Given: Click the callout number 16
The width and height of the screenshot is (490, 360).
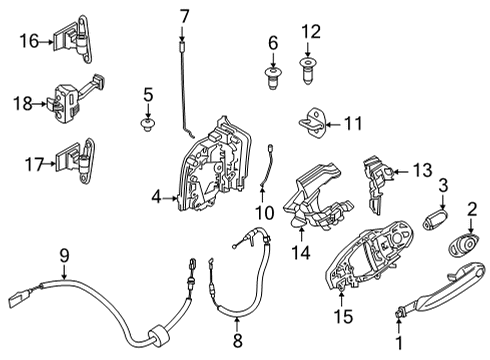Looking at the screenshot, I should click(x=29, y=41).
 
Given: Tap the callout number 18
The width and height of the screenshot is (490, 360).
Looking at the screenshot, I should click(x=29, y=102).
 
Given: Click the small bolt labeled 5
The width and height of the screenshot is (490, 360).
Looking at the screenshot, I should click(x=148, y=126).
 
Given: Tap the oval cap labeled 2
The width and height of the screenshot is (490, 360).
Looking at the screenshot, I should click(x=464, y=247).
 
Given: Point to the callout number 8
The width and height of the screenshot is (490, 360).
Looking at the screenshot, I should click(x=237, y=322).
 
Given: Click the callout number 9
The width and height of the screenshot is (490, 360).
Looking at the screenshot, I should click(x=63, y=256).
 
